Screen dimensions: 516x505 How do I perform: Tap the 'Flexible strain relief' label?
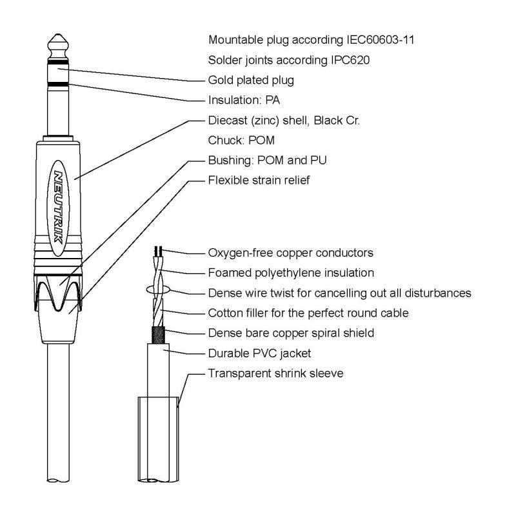coord(259,180)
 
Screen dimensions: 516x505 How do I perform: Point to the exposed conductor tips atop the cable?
coord(157,250)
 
